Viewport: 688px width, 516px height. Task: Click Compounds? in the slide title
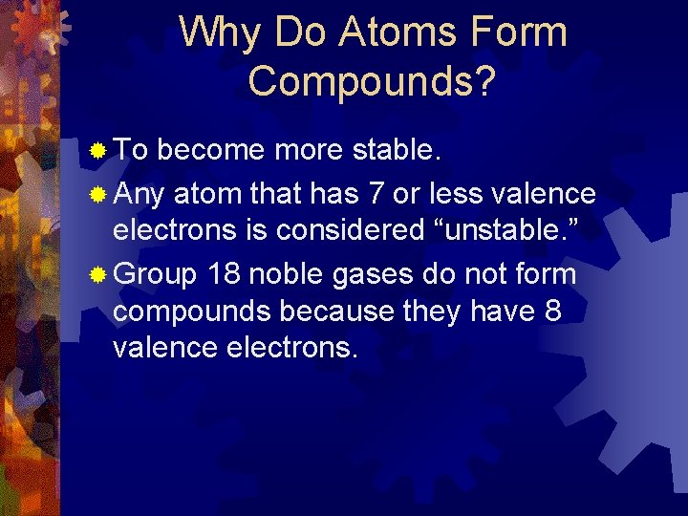point(372,81)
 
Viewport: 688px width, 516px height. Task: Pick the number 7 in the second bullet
point(377,195)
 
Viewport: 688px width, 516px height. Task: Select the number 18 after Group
point(224,275)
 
